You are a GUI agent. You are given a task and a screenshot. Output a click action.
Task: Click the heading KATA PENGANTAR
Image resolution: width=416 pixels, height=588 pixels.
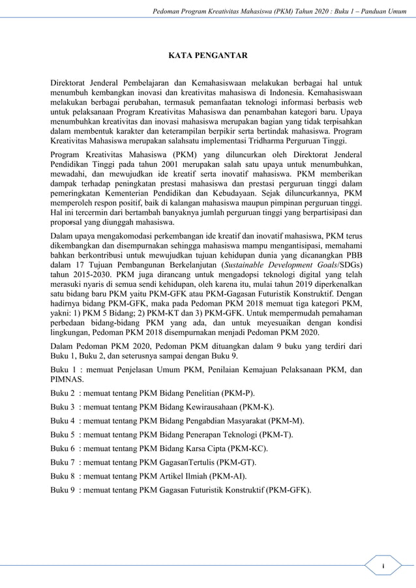207,56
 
